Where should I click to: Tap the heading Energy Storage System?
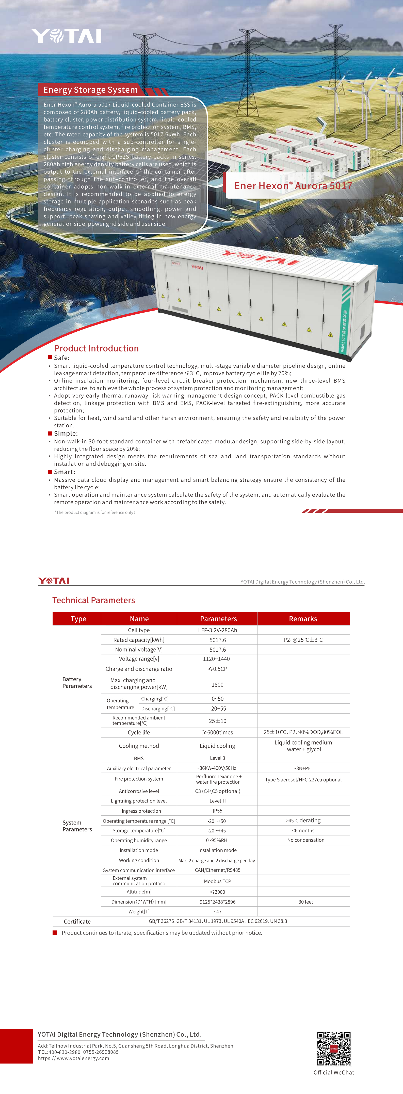click(x=90, y=90)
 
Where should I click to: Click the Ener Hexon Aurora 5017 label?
click(x=293, y=186)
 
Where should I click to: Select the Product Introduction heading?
click(x=96, y=348)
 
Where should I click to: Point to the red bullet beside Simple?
click(x=50, y=433)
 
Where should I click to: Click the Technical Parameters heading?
click(x=93, y=600)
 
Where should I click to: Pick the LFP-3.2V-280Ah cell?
click(x=217, y=630)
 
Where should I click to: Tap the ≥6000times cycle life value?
click(x=217, y=732)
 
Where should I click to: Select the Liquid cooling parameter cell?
click(x=217, y=746)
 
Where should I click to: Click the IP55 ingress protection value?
click(x=217, y=811)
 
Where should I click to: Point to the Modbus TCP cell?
click(x=217, y=881)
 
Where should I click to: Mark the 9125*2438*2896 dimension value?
click(x=217, y=902)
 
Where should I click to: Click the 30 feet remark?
click(x=306, y=902)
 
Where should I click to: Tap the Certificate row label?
click(x=77, y=921)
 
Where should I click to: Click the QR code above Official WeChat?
click(x=334, y=1049)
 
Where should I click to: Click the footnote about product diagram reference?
click(x=94, y=512)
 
